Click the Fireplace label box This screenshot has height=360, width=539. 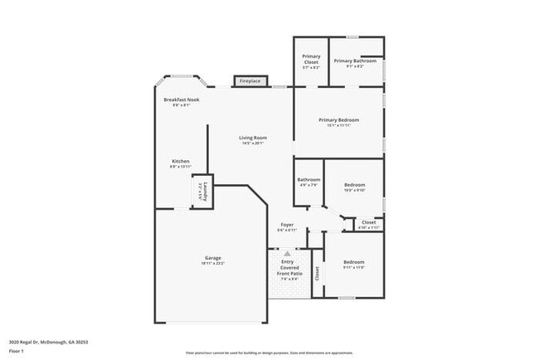[250, 81]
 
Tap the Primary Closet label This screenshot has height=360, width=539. [311, 59]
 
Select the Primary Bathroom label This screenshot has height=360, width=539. [355, 61]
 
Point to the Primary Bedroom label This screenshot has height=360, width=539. [338, 120]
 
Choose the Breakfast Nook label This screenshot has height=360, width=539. [181, 100]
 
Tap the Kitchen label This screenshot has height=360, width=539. [181, 161]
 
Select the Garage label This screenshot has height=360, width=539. [212, 258]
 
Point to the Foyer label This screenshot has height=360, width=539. [287, 224]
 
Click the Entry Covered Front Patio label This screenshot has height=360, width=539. [292, 267]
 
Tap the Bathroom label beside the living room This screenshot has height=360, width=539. [309, 179]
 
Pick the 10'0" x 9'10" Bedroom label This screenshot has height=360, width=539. [354, 184]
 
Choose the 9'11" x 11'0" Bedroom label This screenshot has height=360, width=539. [354, 262]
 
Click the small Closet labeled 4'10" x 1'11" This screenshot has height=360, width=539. [369, 223]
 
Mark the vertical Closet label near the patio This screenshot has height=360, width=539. [318, 272]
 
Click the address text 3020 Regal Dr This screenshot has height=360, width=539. [48, 341]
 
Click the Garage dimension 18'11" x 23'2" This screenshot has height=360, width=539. [212, 263]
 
